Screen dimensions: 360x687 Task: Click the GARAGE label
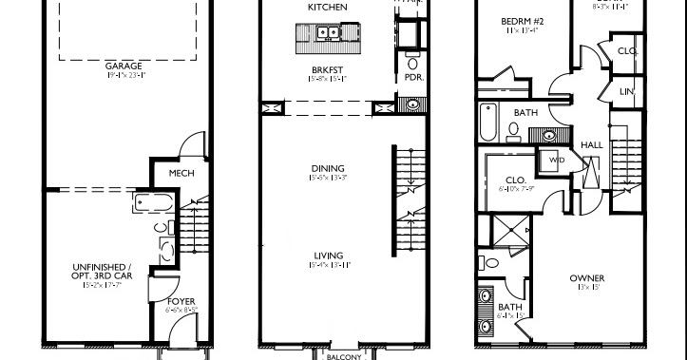pos(124,66)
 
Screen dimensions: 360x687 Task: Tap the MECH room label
pos(181,174)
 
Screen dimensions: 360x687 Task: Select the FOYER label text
pos(181,301)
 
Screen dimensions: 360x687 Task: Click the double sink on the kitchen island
pos(329,34)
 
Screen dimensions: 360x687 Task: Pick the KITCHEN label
pos(327,8)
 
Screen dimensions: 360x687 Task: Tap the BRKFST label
pos(326,70)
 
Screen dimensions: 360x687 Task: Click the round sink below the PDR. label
pos(412,104)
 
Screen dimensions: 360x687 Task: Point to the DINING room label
pos(327,169)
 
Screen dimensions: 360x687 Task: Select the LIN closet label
pos(625,91)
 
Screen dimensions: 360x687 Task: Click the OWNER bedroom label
pos(586,278)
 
